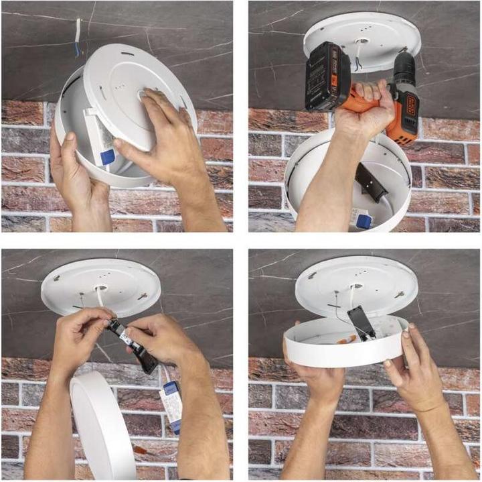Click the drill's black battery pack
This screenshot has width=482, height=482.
pyautogui.click(x=327, y=75)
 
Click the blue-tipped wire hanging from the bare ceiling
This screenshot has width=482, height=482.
pyautogui.click(x=78, y=38)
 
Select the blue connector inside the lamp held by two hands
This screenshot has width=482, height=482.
pyautogui.click(x=106, y=158)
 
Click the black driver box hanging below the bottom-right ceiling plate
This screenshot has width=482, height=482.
pyautogui.click(x=362, y=322)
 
